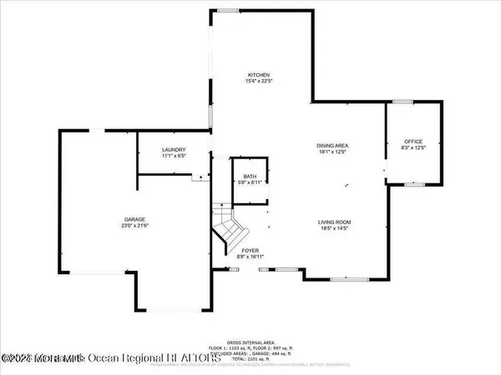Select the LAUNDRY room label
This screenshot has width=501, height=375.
175,149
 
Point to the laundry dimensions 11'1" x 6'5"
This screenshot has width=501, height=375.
175,156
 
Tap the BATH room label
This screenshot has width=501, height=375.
250,176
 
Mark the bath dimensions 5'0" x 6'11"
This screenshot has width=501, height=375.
250,182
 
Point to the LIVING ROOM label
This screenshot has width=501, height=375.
333,221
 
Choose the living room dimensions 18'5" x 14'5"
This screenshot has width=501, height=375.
333,227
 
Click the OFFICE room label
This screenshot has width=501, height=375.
414,141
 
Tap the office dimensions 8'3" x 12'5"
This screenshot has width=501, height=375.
414,147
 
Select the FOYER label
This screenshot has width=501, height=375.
250,250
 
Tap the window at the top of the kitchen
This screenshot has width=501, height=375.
226,10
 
